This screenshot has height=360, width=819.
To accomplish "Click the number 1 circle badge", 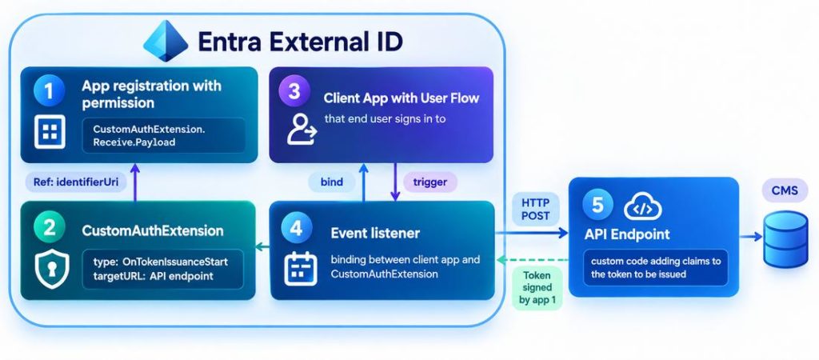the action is pos(49,91).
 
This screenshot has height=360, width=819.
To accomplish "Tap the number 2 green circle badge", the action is pos(49,228).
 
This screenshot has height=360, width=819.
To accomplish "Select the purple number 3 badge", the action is pos(294,91).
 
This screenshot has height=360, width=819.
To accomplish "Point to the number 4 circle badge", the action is pos(297,228).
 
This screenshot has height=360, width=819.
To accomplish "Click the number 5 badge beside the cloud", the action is pos(597,205).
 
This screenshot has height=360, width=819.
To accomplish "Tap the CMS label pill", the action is pos(785,190).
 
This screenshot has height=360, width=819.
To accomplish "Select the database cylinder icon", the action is pos(785,239).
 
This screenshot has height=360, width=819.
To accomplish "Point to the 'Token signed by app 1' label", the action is pos(537,288).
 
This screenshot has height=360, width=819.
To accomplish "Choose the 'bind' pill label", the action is pos(333,182).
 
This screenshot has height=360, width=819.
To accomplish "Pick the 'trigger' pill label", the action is pos(430,182).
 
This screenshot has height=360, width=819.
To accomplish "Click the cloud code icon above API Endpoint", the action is pos(643,206).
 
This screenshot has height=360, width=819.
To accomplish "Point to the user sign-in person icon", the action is pos(302,130).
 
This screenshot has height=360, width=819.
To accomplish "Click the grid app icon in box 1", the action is pos(50,131).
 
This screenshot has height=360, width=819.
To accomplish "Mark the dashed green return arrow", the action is pos(532,260).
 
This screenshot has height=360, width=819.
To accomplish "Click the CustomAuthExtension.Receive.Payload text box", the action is pos(163,135).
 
